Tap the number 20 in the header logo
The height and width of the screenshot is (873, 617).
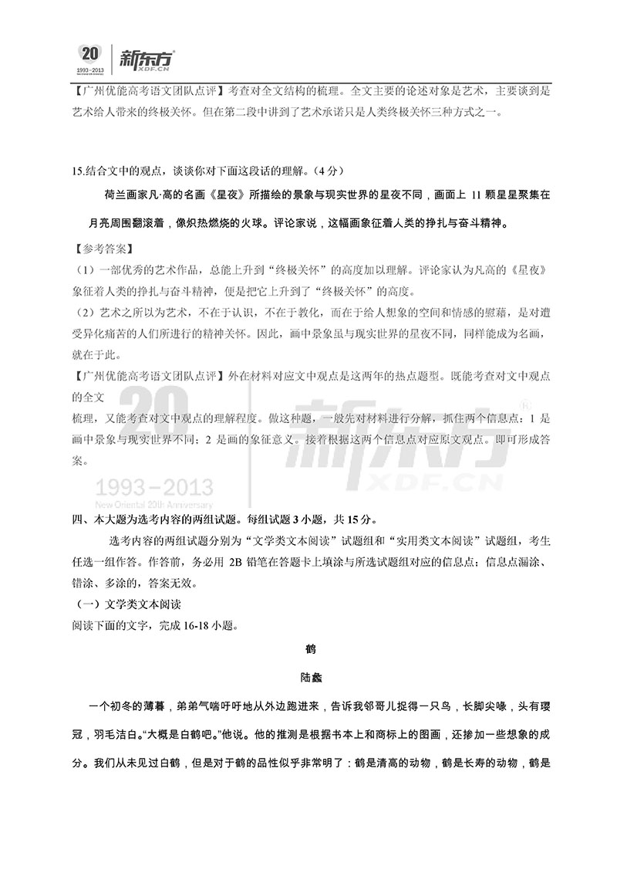[x=89, y=53]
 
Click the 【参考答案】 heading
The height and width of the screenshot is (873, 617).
[x=101, y=249]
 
